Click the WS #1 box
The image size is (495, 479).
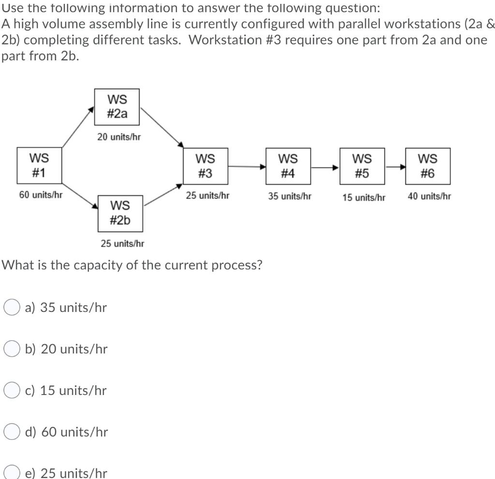pos(39,166)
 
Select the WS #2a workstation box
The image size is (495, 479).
pos(117,107)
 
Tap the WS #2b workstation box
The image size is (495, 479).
pos(120,213)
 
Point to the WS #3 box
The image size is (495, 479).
pos(205,166)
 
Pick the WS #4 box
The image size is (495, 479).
pos(288,166)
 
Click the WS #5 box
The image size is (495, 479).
pos(362,166)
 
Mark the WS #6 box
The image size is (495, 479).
pos(428,166)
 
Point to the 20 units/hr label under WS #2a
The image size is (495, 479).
pos(119,137)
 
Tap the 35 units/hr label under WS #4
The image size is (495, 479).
pos(290,197)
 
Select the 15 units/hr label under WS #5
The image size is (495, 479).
pos(364,197)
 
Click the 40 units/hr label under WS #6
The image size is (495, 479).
pos(429,197)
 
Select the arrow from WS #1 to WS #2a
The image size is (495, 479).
pos(77,127)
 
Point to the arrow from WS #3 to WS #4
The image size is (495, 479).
pos(247,167)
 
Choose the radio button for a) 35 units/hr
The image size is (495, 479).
pos(12,307)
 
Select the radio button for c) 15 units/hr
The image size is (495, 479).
pos(12,390)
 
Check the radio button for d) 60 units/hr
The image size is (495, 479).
pos(12,432)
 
